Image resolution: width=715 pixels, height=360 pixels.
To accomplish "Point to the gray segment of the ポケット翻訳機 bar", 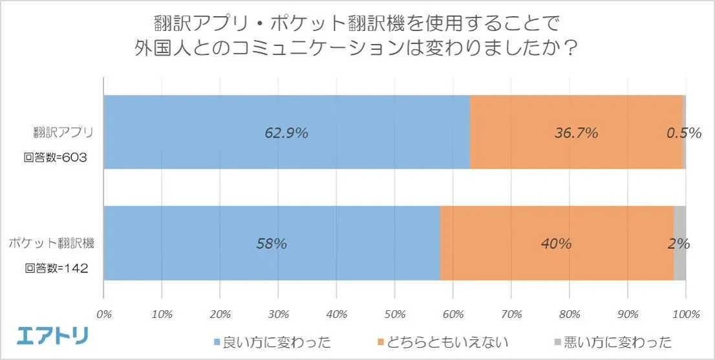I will [679, 265].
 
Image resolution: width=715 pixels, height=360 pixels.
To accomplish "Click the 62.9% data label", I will [286, 133].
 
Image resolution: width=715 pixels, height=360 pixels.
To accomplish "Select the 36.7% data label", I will [576, 133].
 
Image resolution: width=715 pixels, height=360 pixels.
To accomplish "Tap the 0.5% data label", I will [684, 133].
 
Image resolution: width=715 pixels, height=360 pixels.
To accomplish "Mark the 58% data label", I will [272, 244].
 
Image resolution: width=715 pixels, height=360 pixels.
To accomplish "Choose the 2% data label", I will [679, 244].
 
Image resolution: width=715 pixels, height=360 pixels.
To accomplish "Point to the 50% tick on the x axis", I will [395, 314].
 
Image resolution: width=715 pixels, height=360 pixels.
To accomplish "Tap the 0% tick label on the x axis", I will [104, 314].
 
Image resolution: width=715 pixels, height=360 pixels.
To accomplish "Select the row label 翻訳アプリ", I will [64, 133].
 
